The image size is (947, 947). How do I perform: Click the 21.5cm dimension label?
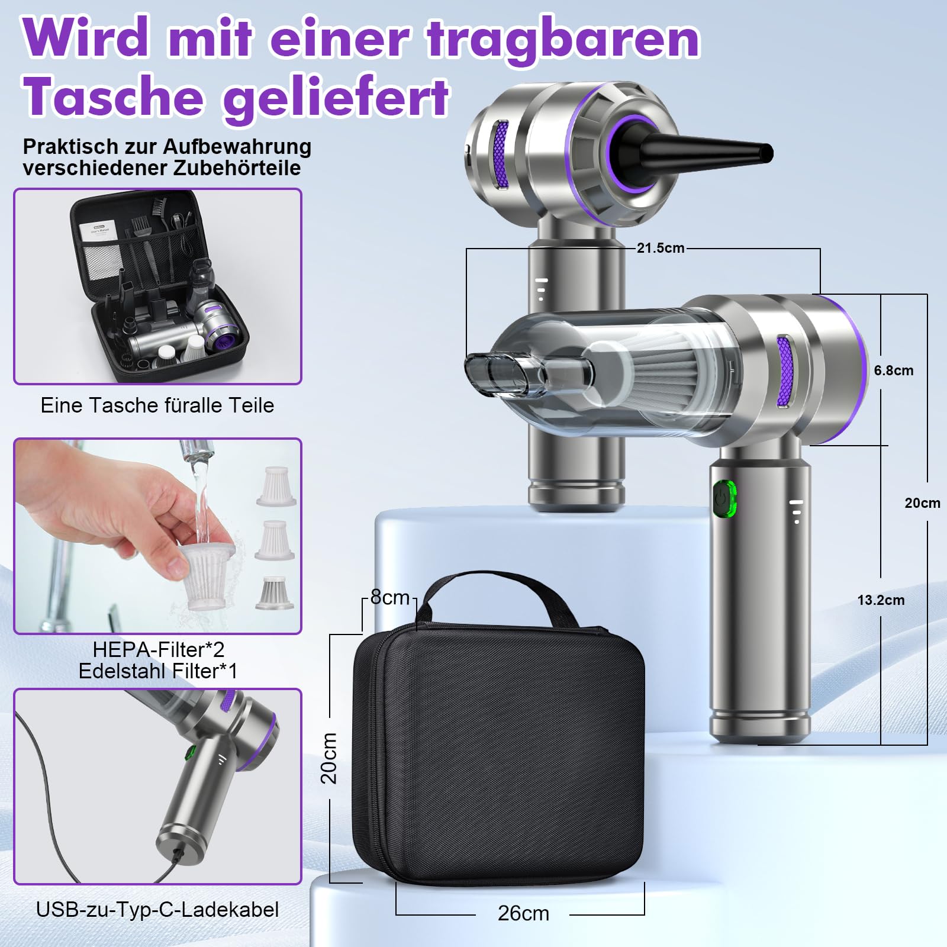tap(660, 248)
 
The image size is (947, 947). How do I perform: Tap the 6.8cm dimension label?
tap(893, 371)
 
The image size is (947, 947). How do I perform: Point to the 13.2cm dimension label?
tap(881, 600)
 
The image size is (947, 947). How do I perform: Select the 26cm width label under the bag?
tap(523, 913)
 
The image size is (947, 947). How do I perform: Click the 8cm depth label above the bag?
tap(390, 598)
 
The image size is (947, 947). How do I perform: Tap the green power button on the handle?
tap(724, 499)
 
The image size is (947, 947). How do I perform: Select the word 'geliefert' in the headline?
tap(336, 98)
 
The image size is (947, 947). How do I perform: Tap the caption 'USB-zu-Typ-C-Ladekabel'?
tap(157, 910)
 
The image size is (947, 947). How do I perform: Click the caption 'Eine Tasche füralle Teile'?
tap(157, 405)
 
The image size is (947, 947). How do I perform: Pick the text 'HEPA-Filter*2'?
tap(159, 649)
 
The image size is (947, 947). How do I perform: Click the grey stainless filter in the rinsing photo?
tap(275, 593)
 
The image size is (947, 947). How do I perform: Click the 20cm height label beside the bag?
tap(329, 758)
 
